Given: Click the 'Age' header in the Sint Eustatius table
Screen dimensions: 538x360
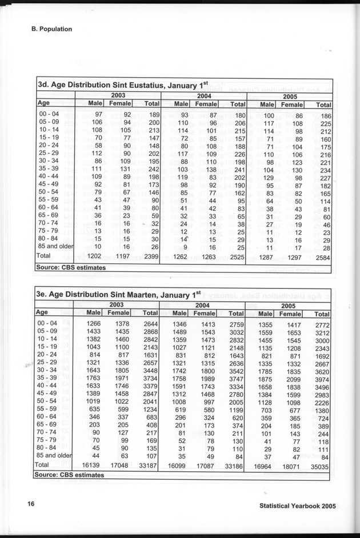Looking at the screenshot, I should [43, 103].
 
